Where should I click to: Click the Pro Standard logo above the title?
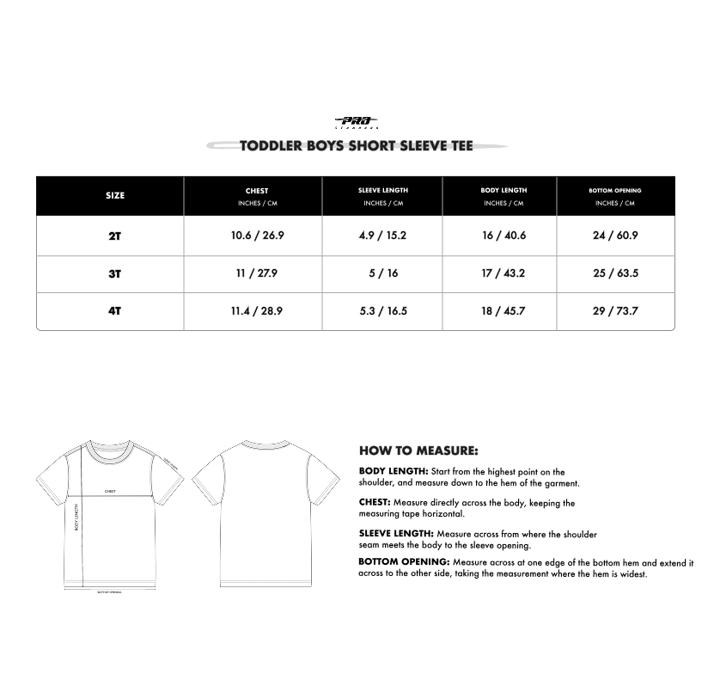coord(356,123)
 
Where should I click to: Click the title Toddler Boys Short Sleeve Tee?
coord(357,145)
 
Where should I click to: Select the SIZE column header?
coord(115,195)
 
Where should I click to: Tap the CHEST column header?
coord(256,191)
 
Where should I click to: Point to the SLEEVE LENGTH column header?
coord(383,190)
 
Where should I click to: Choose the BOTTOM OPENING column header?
coord(615,190)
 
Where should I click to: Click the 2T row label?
coord(115,236)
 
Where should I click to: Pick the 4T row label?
coord(115,311)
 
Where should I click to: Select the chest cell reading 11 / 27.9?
coord(256,273)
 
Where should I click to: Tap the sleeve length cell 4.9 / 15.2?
coord(383,236)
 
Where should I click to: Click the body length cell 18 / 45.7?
coord(503,311)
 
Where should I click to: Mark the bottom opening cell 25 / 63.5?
coord(615,273)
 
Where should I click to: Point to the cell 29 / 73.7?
coord(615,311)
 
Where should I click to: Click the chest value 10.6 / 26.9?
coord(256,236)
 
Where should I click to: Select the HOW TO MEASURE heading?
coord(418,450)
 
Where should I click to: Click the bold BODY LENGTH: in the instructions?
coord(393,471)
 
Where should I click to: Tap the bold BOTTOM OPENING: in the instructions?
coord(404,562)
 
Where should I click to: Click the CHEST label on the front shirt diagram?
coord(110,492)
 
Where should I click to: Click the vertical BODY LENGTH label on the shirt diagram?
coord(76,518)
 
